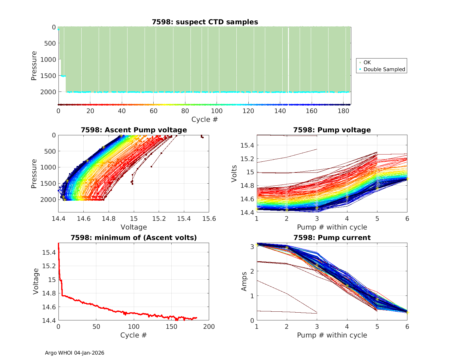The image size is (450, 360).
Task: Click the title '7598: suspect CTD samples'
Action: coord(205,22)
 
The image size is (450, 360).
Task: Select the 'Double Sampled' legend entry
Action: coord(384,69)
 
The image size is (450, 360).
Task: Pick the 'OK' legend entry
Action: coord(367,62)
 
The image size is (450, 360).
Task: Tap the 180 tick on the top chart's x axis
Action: coord(343,111)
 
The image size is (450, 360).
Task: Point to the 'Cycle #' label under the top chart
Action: coord(205,119)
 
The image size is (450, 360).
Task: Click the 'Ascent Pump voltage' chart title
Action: coord(134,130)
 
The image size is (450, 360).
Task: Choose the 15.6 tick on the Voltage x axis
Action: coord(209,219)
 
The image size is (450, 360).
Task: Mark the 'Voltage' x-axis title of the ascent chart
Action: coord(134,227)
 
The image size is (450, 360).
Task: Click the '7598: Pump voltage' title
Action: coord(332,130)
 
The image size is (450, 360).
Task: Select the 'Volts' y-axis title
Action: coord(234,174)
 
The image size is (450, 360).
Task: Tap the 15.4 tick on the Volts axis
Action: coord(247,145)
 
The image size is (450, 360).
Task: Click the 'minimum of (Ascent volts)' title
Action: coord(134,238)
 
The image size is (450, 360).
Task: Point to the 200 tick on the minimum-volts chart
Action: coord(209,327)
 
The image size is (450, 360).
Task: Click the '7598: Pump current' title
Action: coord(332,238)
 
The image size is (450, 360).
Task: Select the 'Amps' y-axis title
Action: coord(244,281)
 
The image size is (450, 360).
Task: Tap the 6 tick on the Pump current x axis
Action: coord(407,327)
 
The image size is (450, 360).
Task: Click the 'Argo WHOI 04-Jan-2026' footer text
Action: coord(75,353)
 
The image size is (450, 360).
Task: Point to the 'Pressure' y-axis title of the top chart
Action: coord(34,66)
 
